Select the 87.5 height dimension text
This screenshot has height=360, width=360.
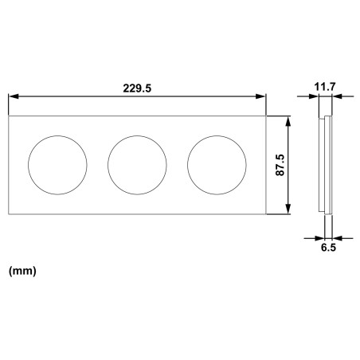pos(280,165)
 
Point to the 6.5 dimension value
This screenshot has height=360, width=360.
pos(327,249)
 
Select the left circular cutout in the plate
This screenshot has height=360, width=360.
pos(58,165)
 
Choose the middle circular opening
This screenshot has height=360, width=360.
pos(138,165)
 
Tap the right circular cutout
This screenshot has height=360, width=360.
pos(217,165)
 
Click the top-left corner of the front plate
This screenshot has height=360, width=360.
pos(9,116)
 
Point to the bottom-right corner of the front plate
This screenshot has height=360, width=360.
pos(267,214)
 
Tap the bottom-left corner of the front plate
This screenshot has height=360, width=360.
pos(9,214)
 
